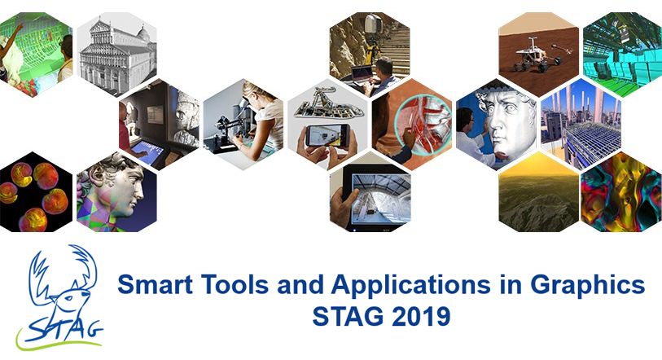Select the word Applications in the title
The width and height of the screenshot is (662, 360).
410,286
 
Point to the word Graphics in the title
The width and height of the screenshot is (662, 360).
588,286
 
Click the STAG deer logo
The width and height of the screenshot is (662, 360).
59,297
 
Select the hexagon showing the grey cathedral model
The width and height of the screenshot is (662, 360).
116,54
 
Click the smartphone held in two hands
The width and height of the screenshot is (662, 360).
327,136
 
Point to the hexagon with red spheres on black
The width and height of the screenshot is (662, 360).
33,192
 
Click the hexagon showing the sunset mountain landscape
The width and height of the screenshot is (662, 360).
538,192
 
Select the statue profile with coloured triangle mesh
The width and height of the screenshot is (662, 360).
116,192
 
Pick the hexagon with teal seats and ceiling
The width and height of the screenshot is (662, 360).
623,54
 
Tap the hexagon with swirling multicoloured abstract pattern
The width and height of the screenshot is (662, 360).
621,192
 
